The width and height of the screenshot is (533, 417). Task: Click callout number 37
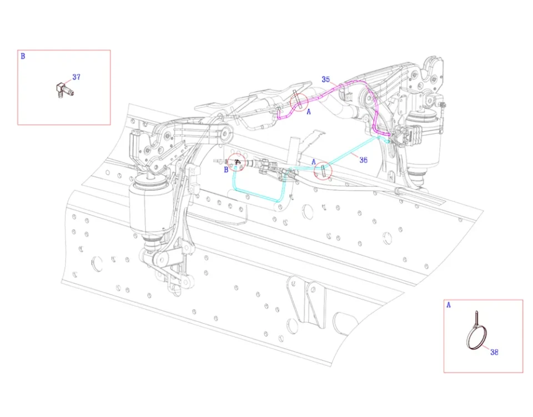[77, 77]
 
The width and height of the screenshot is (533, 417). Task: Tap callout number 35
[326, 79]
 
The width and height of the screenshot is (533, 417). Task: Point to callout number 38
[495, 351]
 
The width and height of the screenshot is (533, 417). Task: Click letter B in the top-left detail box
[23, 56]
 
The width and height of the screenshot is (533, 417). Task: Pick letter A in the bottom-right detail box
[449, 305]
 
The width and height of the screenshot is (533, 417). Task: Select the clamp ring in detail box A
[475, 339]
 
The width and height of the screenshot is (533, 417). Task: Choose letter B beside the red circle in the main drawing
[226, 170]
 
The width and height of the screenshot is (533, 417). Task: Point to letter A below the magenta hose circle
[308, 111]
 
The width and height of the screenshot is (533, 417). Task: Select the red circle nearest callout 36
[323, 170]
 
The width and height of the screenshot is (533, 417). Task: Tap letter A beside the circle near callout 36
[314, 162]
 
